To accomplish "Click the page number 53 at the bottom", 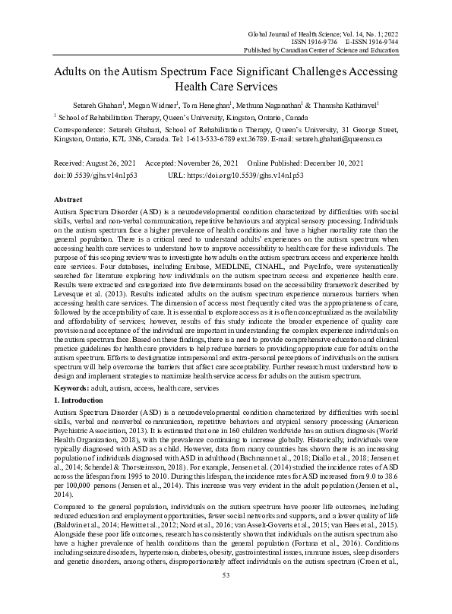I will click(x=226, y=596).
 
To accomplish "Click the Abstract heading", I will click(x=70, y=197).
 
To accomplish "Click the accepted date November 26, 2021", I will click(x=209, y=163).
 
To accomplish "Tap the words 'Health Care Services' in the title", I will click(x=226, y=87).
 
